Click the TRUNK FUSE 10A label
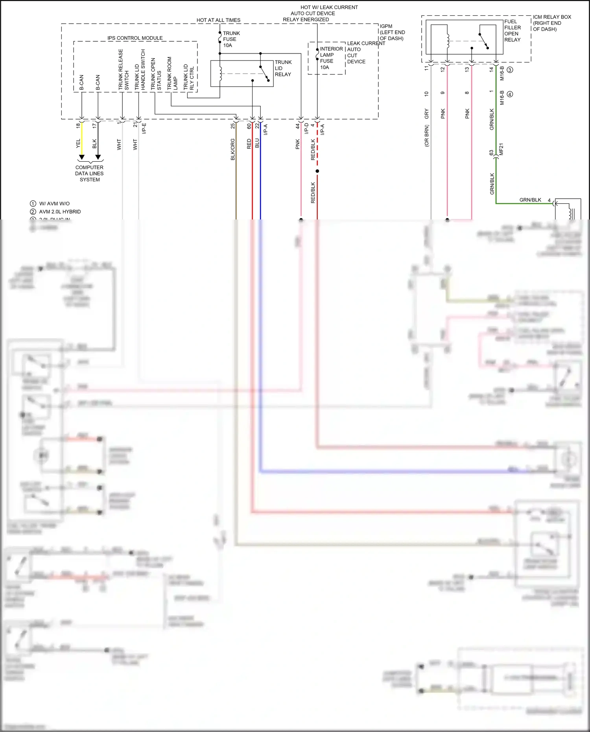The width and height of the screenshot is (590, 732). pyautogui.click(x=231, y=39)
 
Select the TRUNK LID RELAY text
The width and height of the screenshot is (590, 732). pyautogui.click(x=283, y=68)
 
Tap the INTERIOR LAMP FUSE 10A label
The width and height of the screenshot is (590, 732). pyautogui.click(x=331, y=58)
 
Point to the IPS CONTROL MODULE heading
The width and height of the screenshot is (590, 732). pyautogui.click(x=135, y=38)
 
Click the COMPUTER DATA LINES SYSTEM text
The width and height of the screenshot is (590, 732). pyautogui.click(x=90, y=173)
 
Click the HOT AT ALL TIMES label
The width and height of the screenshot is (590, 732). pyautogui.click(x=218, y=20)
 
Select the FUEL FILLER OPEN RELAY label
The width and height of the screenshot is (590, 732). pyautogui.click(x=513, y=31)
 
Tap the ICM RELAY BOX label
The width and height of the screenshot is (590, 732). pyautogui.click(x=551, y=23)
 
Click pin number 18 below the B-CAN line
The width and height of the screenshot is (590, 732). pyautogui.click(x=78, y=125)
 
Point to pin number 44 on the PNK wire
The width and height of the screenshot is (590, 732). pyautogui.click(x=298, y=126)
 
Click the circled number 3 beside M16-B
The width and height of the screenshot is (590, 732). pyautogui.click(x=510, y=70)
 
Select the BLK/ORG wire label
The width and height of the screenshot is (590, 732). pyautogui.click(x=232, y=149)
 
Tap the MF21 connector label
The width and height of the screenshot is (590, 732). pyautogui.click(x=501, y=149)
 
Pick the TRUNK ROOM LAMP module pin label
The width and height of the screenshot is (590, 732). pyautogui.click(x=172, y=74)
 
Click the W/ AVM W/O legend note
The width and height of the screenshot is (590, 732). pyautogui.click(x=54, y=204)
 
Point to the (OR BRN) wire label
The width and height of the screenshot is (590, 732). pyautogui.click(x=427, y=136)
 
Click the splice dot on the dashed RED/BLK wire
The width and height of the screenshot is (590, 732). pyautogui.click(x=317, y=171)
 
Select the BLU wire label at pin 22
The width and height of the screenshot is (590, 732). pyautogui.click(x=257, y=143)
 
